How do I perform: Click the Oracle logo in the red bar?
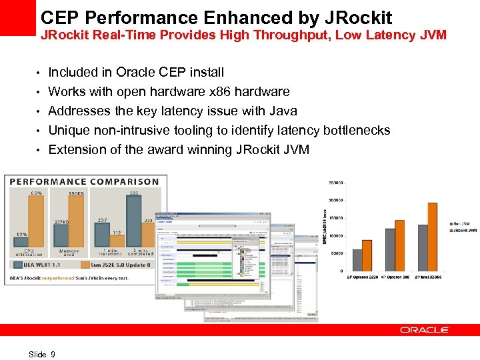424,330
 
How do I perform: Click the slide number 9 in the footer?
53,355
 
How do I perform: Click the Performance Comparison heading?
84,181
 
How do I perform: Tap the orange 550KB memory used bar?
77,223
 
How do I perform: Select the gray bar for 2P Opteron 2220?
357,260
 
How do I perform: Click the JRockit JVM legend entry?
464,231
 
